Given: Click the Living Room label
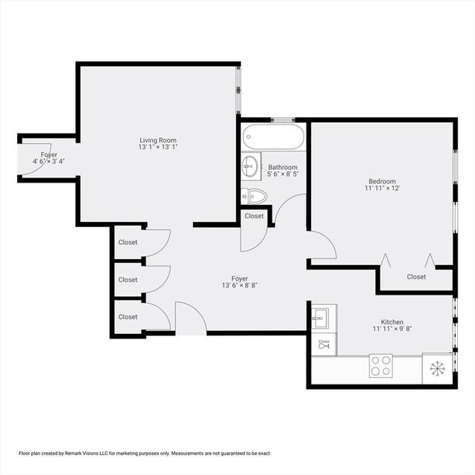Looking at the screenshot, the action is [158, 140].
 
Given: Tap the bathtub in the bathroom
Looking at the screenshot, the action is [273, 137].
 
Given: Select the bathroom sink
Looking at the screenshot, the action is [250, 166].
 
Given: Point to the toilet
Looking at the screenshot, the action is [254, 196].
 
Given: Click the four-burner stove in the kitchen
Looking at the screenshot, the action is [381, 366].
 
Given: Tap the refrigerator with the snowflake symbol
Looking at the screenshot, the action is [437, 368].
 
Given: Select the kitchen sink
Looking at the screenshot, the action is [321, 318].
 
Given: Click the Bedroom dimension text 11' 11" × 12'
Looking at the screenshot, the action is [382, 188].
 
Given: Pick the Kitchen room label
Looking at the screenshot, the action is [392, 322].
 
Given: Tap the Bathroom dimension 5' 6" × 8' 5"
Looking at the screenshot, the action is [283, 174].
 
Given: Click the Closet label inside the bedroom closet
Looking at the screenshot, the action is [416, 277].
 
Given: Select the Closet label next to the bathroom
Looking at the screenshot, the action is [254, 216].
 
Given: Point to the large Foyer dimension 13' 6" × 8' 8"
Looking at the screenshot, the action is [240, 285].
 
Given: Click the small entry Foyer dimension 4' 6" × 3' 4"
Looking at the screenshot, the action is [49, 161].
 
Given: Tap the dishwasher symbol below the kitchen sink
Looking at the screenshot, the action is [324, 344].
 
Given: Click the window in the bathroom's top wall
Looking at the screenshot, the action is [282, 120].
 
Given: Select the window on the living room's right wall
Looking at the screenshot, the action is [238, 90].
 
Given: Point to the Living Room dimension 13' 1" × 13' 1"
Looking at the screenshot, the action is [158, 147].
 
